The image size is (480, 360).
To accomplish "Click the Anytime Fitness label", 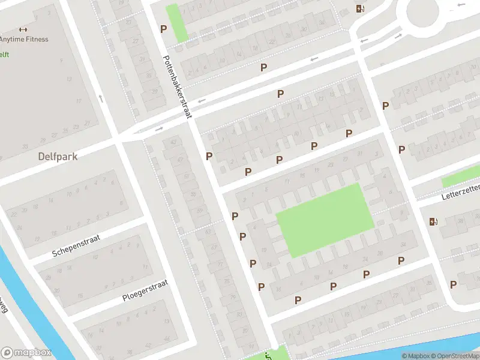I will (x=24, y=40).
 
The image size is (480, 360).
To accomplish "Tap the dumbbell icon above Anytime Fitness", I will (x=23, y=29).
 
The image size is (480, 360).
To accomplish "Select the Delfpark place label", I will (x=58, y=156).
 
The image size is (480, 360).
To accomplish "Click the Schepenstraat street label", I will (x=75, y=245).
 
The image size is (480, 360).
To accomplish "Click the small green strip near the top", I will (x=176, y=23).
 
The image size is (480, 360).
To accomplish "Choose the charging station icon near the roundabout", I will (x=360, y=8).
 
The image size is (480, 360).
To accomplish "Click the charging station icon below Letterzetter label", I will (x=434, y=222).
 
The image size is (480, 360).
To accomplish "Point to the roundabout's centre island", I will (x=427, y=9).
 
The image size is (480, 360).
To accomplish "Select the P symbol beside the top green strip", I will (x=163, y=28).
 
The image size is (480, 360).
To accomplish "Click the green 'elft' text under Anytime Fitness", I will (x=4, y=55).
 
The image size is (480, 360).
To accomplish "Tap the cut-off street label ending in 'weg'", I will (x=4, y=308).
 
